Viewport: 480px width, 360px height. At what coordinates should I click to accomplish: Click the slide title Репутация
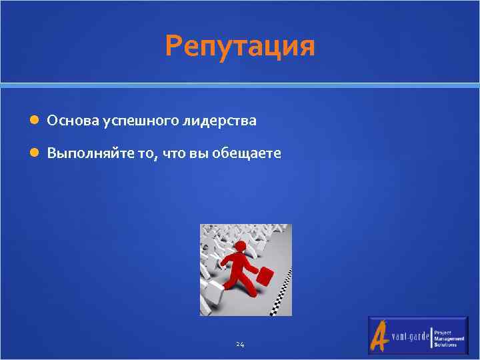click(240, 47)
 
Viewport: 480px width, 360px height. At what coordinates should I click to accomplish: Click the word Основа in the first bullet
click(73, 121)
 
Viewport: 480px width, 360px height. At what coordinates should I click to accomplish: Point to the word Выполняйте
click(83, 154)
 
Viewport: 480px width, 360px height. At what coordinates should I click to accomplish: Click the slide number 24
click(240, 345)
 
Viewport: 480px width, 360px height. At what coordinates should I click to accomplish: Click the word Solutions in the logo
click(445, 345)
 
